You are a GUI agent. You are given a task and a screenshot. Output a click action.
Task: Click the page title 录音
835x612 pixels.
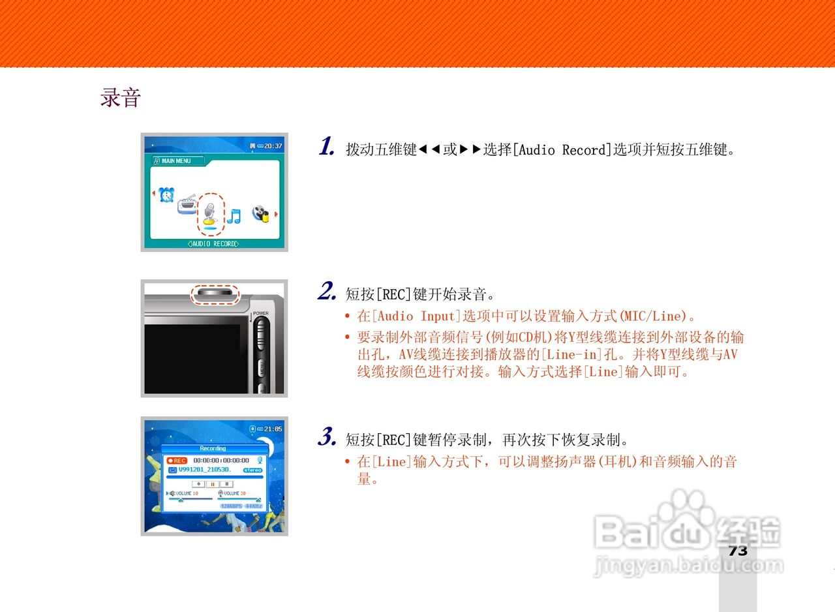point(121,98)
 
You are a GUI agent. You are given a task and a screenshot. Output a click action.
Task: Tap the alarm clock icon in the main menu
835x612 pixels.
point(167,194)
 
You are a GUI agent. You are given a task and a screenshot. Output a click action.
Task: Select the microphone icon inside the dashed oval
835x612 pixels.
point(210,213)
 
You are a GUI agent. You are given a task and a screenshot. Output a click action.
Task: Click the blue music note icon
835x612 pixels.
point(234,215)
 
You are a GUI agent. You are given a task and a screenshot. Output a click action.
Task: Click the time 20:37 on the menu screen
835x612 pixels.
point(273,145)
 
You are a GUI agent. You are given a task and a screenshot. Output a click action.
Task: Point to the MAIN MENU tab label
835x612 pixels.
point(176,161)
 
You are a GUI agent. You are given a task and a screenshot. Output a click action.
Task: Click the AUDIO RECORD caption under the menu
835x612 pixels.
point(213,244)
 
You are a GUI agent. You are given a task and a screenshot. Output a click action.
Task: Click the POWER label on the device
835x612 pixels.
point(261,314)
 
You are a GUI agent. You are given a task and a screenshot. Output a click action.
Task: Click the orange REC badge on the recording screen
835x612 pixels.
point(177,461)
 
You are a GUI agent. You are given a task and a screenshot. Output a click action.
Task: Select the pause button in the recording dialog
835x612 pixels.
point(213,484)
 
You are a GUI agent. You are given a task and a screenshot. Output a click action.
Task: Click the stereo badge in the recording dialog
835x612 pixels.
point(252,470)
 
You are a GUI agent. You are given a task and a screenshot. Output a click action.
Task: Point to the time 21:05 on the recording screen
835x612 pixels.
point(273,429)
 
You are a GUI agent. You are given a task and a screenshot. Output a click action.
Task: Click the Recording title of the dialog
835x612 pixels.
point(213,448)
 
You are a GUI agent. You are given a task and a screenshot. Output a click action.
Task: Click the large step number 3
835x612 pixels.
point(326,437)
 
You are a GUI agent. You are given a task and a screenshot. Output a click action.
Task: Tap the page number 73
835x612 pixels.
point(738,551)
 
